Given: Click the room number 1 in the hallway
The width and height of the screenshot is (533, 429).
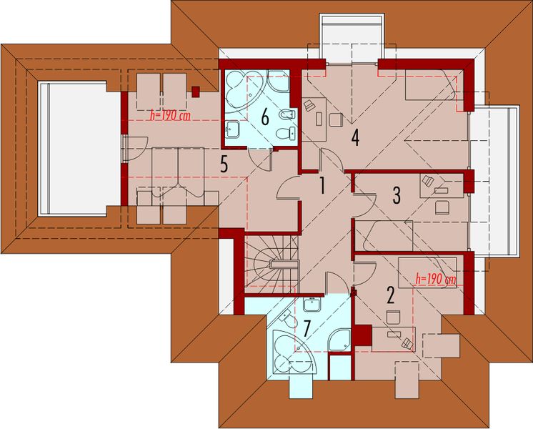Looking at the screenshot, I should tap(322, 187).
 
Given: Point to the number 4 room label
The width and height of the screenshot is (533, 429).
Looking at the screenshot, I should tap(354, 137).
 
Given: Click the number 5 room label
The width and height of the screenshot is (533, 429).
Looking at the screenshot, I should tap(224, 165).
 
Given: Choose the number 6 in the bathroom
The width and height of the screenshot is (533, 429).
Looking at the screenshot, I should tap(264, 117).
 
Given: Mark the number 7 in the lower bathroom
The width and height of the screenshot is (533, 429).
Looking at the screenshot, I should tap(307, 330).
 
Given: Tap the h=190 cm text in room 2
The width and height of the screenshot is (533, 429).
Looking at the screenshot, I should tap(434, 280).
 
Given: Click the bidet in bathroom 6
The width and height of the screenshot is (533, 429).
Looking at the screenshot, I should tap(285, 114).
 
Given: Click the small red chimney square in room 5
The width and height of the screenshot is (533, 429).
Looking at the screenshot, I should tap(196, 91).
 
